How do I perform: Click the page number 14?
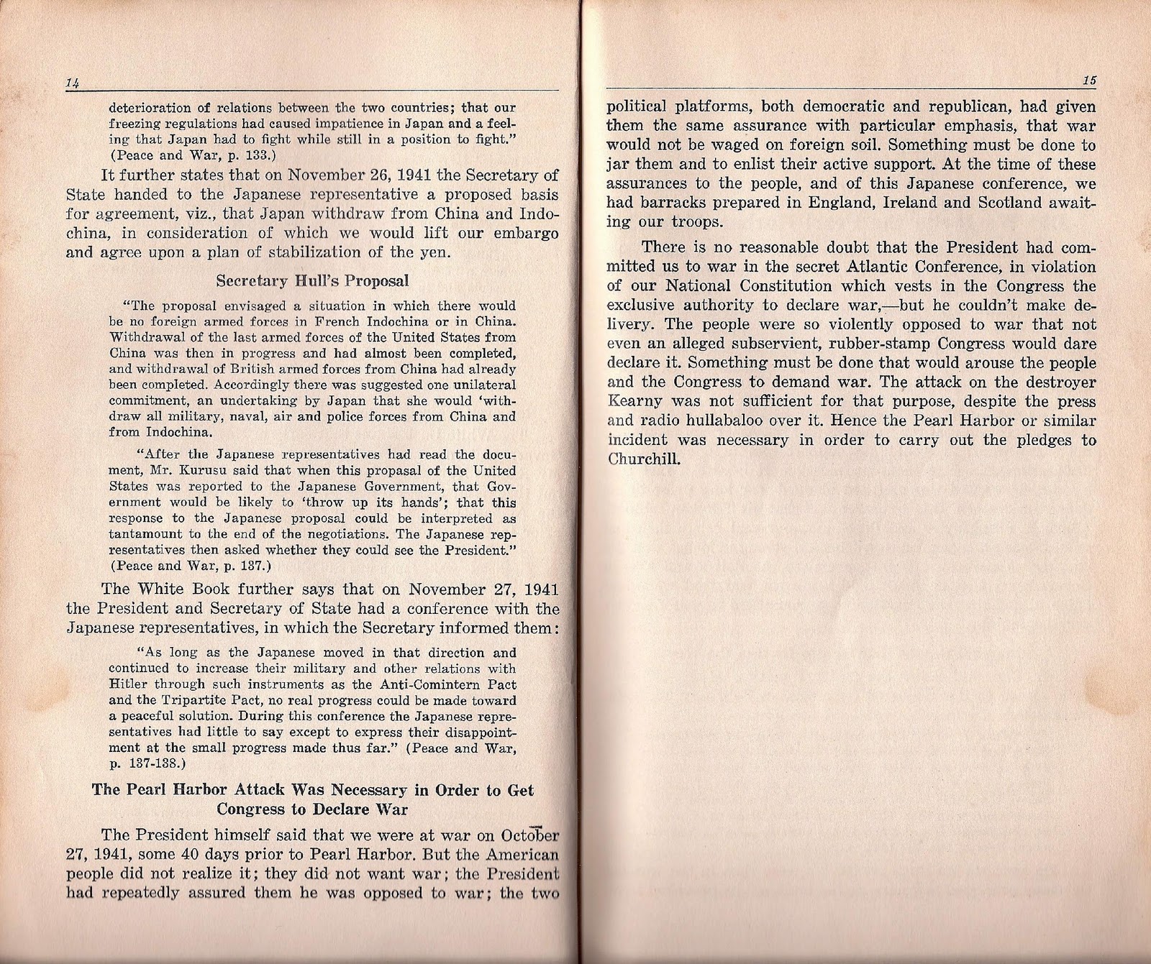pyautogui.click(x=71, y=83)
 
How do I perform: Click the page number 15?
pyautogui.click(x=1088, y=81)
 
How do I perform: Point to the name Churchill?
pyautogui.click(x=644, y=459)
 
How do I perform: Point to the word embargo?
pyautogui.click(x=524, y=233)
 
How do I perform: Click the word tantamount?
pyautogui.click(x=142, y=534)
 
